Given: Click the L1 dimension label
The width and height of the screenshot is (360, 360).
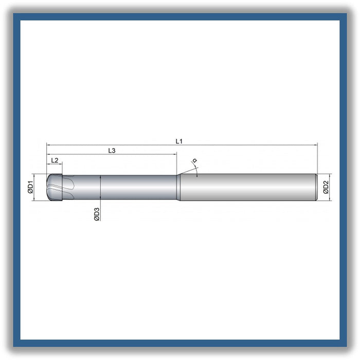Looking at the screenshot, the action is click(179, 141).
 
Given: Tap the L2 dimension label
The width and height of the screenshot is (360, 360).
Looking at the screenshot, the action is click(55, 160).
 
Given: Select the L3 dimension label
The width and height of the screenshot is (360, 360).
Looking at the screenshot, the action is click(112, 151).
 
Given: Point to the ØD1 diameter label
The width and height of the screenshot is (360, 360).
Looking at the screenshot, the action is click(30, 187).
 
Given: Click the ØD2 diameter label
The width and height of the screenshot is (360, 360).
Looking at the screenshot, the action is click(326, 187).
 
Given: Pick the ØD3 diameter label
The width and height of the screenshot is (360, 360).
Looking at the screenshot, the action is click(97, 214).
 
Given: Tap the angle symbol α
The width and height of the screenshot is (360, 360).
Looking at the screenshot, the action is click(195, 160).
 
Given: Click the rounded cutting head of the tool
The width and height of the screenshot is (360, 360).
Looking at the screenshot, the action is click(55, 187).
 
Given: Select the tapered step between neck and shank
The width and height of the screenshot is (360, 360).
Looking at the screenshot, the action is click(178, 187).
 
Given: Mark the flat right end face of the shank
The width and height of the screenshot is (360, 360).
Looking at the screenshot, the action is click(317, 187).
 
